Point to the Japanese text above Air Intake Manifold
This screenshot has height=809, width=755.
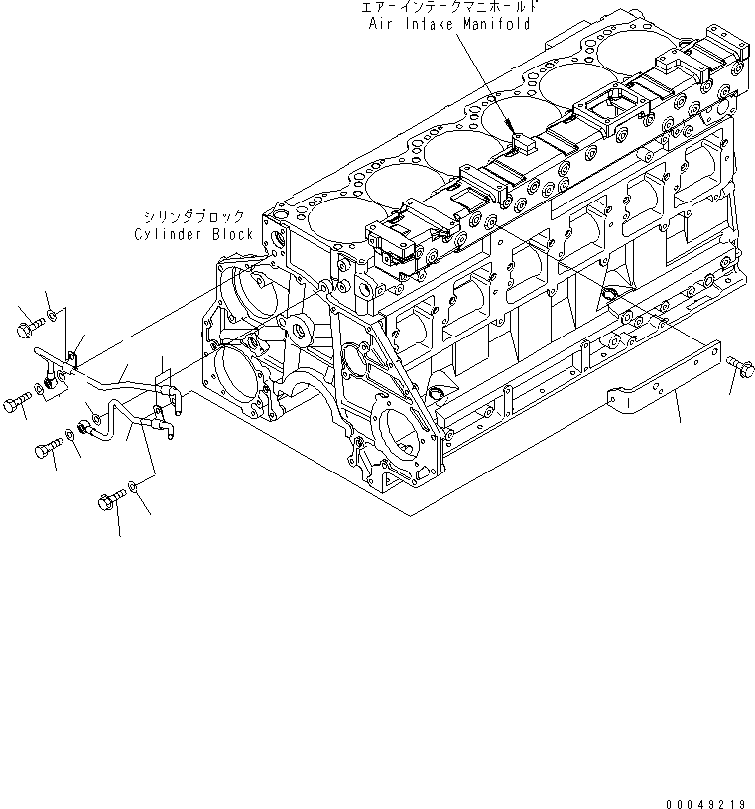tap(450, 8)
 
